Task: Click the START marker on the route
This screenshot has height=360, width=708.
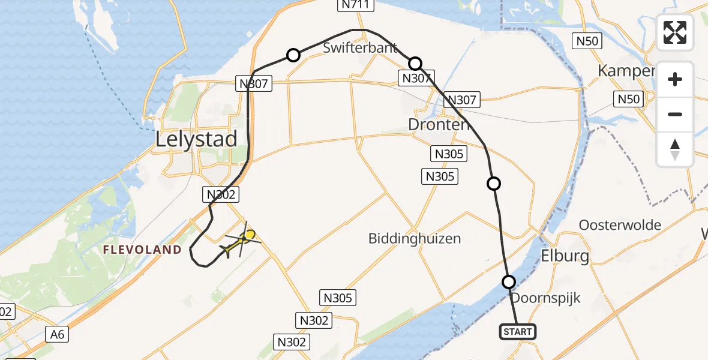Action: tap(517, 331)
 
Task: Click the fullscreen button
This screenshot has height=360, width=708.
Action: tap(675, 32)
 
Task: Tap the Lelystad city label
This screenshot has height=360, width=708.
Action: tap(196, 139)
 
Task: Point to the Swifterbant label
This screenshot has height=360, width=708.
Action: tap(360, 48)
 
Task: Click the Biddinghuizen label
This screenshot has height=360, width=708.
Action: tap(415, 238)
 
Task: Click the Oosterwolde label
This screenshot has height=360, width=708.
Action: tap(620, 225)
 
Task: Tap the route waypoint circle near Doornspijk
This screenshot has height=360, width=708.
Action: tap(509, 281)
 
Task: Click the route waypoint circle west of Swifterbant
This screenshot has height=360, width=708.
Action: tap(293, 55)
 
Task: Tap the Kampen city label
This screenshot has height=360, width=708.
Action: tap(625, 71)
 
